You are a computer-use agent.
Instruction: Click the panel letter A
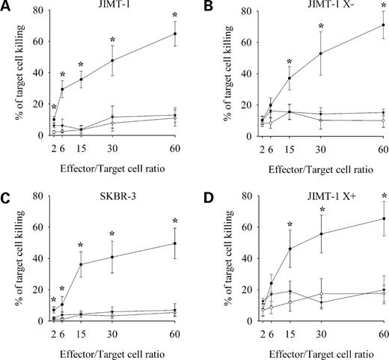click(6, 7)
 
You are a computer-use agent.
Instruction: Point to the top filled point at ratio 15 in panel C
click(82, 264)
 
